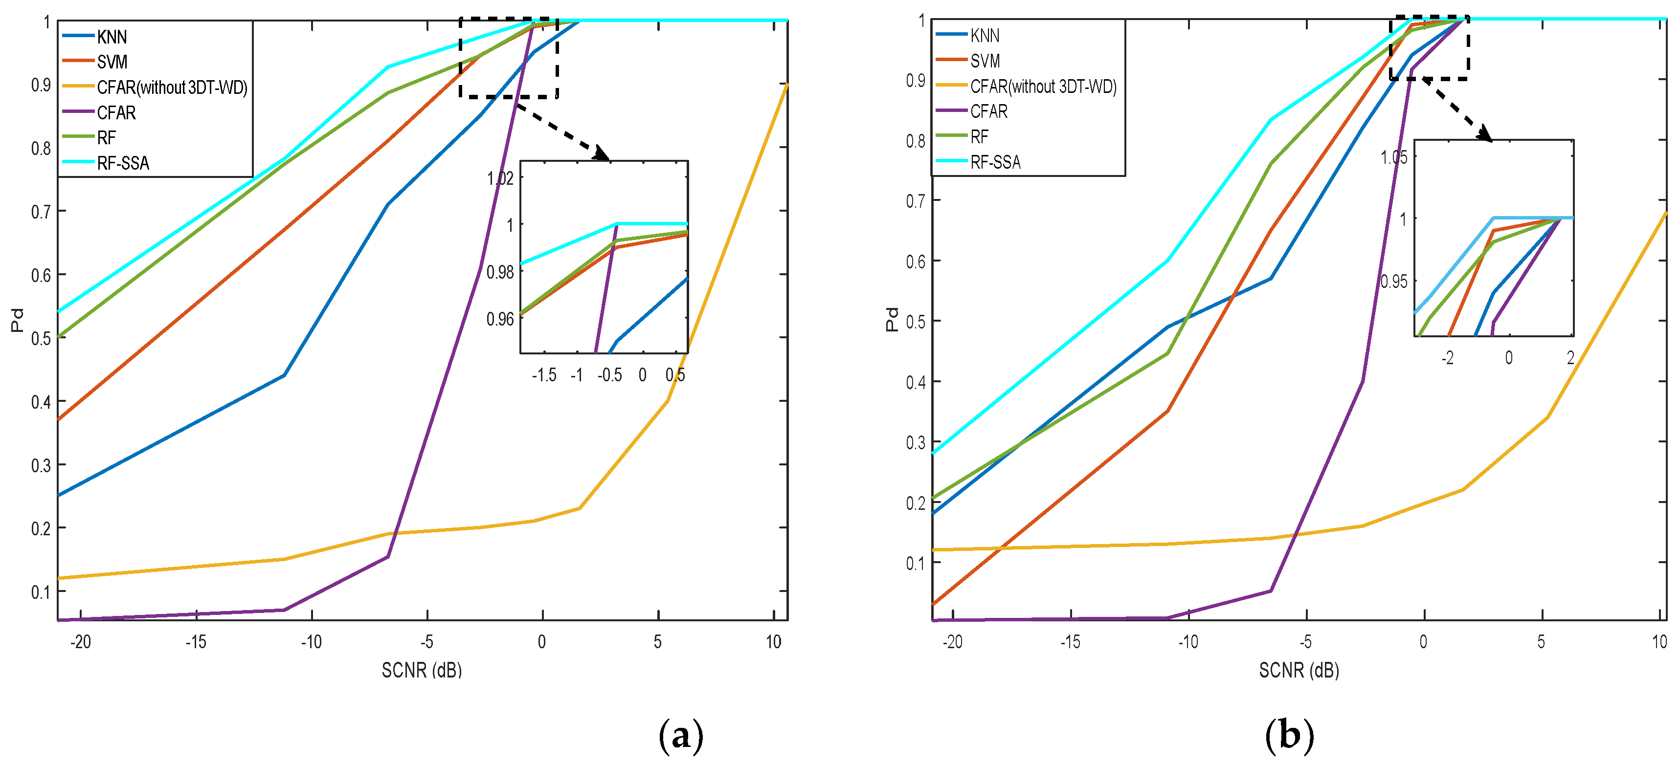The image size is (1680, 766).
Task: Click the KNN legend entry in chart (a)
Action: pos(112,37)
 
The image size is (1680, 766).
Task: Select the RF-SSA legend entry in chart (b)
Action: pos(995,162)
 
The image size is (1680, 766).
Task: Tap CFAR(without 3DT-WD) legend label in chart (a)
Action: pos(172,88)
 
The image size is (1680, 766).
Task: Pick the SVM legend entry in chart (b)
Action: pos(985,61)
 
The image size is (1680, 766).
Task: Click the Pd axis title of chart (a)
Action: pos(18,320)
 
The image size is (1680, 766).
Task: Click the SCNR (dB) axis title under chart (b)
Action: pos(1299,670)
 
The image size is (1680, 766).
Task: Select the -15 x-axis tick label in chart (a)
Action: pos(196,642)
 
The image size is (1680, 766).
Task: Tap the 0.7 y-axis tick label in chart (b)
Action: pos(915,200)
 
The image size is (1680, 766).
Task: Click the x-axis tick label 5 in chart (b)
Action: pos(1541,642)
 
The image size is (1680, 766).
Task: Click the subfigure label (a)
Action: pos(681,735)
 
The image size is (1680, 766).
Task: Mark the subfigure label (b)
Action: pos(1289,735)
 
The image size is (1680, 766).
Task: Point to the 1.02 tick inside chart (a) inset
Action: pos(500,178)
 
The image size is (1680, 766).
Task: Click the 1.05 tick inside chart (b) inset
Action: pos(1394,157)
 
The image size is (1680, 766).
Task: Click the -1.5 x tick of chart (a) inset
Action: pos(544,375)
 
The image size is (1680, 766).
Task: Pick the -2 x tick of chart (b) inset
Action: pos(1447,357)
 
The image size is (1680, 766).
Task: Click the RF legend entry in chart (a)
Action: pos(106,137)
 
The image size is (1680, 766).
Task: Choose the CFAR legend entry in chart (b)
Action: pos(989,111)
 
